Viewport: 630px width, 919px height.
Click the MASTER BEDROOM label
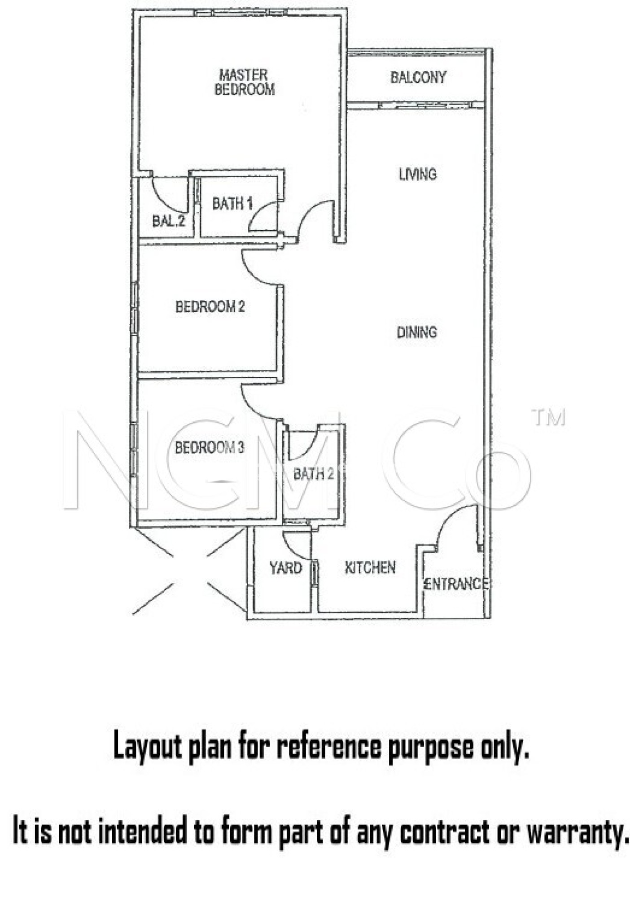(x=245, y=82)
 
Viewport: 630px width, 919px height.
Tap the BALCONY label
(x=418, y=78)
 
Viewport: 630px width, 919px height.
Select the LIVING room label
(x=418, y=174)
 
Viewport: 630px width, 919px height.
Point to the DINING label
(x=417, y=332)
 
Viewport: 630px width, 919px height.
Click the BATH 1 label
(x=232, y=204)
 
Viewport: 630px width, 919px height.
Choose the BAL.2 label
(x=168, y=221)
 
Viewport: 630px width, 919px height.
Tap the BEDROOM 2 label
(x=210, y=307)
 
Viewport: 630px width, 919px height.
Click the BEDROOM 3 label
(x=209, y=447)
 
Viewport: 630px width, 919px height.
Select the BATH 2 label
(x=313, y=474)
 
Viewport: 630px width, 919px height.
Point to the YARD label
(x=285, y=568)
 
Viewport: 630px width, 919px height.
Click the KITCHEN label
(x=370, y=568)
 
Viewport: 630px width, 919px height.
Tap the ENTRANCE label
(x=455, y=584)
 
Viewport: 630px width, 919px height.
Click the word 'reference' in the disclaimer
(x=329, y=746)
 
